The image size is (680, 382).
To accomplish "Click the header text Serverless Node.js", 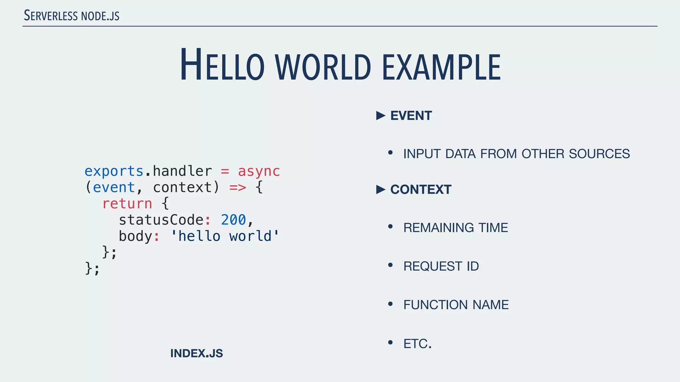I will (x=71, y=16).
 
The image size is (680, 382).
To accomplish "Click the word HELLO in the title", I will (x=222, y=66).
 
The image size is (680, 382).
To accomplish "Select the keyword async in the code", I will (x=259, y=171).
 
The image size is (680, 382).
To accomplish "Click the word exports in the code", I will (x=114, y=171).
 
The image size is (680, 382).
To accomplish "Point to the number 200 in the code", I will (x=233, y=220).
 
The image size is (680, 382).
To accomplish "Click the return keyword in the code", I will (x=127, y=204).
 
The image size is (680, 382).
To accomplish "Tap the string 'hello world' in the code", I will (x=225, y=236).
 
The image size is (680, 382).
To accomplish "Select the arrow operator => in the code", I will (x=238, y=188).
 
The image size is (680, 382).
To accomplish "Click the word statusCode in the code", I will (x=161, y=220).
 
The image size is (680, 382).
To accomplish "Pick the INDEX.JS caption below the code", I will (x=197, y=353).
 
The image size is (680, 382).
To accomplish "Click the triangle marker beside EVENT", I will (x=381, y=116).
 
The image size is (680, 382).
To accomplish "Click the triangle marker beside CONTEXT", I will (x=381, y=190).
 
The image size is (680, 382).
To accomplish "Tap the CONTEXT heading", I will (x=421, y=190).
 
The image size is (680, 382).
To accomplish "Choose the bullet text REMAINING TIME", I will (x=456, y=228).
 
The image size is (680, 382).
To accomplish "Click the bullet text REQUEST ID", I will (x=441, y=266).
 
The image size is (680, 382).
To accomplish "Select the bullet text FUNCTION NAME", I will (x=456, y=305).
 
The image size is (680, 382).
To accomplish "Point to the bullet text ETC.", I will (x=417, y=344).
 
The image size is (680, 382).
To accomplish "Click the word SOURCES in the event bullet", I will (x=599, y=154).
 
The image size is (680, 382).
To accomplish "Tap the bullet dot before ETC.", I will (x=390, y=342).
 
